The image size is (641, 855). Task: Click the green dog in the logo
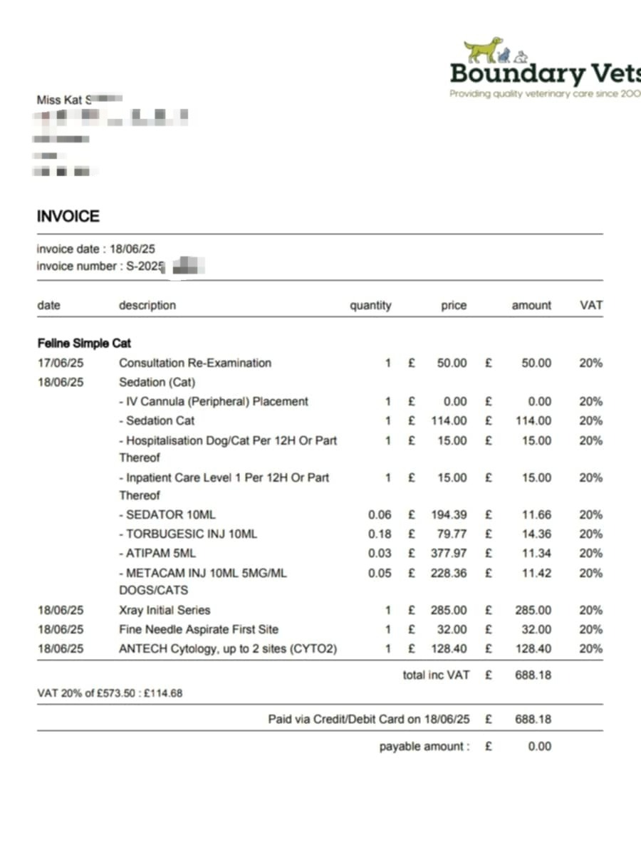pyautogui.click(x=483, y=50)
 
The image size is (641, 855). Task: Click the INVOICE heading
pyautogui.click(x=68, y=216)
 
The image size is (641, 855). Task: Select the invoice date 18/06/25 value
pyautogui.click(x=132, y=249)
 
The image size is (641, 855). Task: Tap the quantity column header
pyautogui.click(x=370, y=305)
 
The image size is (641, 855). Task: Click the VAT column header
pyautogui.click(x=590, y=305)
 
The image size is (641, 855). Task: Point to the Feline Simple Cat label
pyautogui.click(x=84, y=343)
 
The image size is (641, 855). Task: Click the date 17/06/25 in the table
pyautogui.click(x=61, y=363)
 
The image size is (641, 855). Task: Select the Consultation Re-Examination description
pyautogui.click(x=195, y=363)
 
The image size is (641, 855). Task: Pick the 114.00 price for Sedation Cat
pyautogui.click(x=449, y=420)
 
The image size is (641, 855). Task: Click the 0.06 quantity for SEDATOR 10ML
pyautogui.click(x=380, y=514)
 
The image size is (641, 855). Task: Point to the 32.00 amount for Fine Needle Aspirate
pyautogui.click(x=536, y=629)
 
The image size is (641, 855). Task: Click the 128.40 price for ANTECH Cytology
pyautogui.click(x=449, y=648)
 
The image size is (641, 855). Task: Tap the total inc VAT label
pyautogui.click(x=436, y=674)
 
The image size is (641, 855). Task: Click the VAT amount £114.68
pyautogui.click(x=167, y=693)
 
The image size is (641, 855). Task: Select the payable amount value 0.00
pyautogui.click(x=540, y=746)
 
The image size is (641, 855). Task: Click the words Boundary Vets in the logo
pyautogui.click(x=545, y=73)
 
